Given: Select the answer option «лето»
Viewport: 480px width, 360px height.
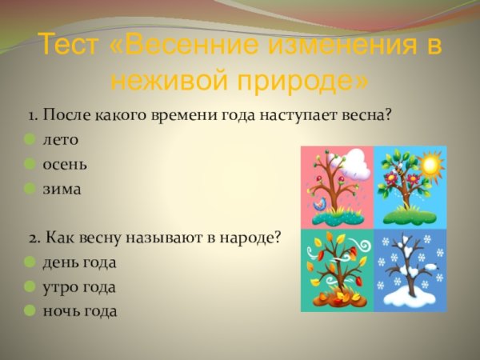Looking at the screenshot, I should (x=61, y=139).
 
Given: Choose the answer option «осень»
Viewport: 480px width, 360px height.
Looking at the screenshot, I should (x=66, y=164).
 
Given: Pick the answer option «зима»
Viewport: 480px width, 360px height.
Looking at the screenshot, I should (x=62, y=189).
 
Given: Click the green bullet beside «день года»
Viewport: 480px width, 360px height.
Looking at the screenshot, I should (x=30, y=262).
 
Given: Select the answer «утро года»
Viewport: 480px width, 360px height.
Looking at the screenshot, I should (x=79, y=286).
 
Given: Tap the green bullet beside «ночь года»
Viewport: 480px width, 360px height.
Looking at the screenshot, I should (x=30, y=310).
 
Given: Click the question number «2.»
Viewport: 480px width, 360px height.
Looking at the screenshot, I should (x=35, y=238).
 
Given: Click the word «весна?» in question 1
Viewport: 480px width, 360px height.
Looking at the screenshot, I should (x=366, y=115).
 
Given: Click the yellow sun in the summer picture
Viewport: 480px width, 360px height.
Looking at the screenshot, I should (x=431, y=166).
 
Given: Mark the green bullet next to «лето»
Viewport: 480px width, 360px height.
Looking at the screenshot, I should (x=30, y=139).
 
